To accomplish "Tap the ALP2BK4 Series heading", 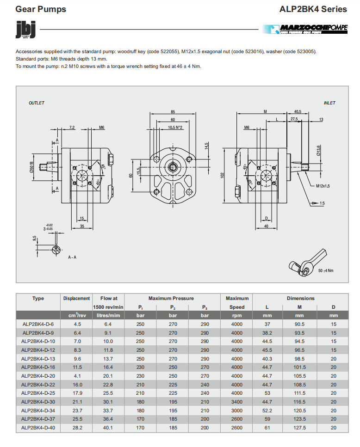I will pyautogui.click(x=313, y=9).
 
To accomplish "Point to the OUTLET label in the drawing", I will pyautogui.click(x=37, y=103).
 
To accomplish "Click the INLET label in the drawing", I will pyautogui.click(x=329, y=103).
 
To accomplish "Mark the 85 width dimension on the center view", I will pyautogui.click(x=173, y=112).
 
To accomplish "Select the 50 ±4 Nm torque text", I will pyautogui.click(x=326, y=270).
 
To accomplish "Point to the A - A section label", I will pyautogui.click(x=72, y=257).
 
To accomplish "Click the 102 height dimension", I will pyautogui.click(x=223, y=175).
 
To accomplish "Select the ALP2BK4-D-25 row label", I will pyautogui.click(x=38, y=393).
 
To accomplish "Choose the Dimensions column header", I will pyautogui.click(x=300, y=298).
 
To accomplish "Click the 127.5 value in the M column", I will pyautogui.click(x=300, y=428).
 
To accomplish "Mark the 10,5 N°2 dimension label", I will pyautogui.click(x=175, y=127).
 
